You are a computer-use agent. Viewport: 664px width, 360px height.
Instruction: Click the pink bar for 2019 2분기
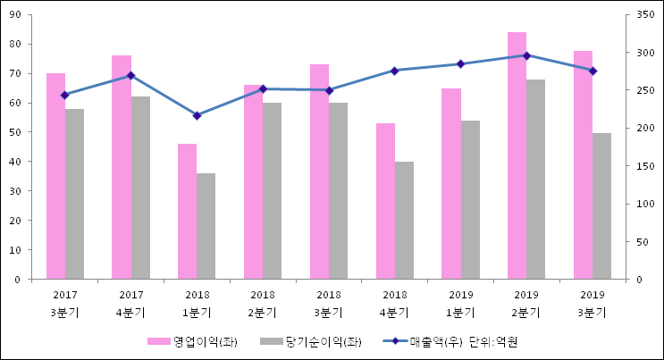point(517,155)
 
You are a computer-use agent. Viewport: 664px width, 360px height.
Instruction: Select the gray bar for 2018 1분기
point(206,226)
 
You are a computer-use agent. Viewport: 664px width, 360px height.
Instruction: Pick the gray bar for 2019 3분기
point(601,206)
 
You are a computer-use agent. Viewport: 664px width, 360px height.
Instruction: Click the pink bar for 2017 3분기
point(55,176)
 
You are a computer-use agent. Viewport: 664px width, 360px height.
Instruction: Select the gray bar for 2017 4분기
point(140,188)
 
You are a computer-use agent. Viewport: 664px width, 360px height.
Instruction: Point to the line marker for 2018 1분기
point(197,115)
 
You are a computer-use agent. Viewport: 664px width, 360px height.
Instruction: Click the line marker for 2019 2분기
point(526,55)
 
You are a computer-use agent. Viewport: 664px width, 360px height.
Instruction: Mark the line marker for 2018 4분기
point(394,71)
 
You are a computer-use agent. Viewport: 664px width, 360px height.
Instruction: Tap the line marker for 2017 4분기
point(130,75)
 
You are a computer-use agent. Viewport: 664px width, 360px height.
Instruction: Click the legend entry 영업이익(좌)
point(193,342)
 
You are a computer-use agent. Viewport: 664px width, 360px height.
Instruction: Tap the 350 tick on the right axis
point(640,15)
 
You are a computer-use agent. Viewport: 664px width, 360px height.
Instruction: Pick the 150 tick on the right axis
point(640,166)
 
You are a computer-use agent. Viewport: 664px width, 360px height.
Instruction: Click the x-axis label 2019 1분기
point(460,304)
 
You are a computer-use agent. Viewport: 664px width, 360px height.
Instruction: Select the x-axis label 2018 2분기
point(263,304)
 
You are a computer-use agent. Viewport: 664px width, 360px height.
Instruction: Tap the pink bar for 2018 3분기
point(319,172)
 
